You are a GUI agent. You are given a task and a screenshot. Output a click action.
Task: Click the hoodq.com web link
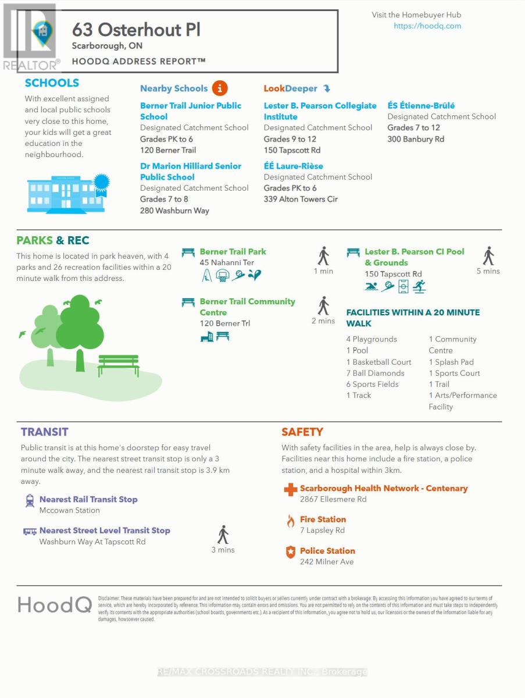[427, 26]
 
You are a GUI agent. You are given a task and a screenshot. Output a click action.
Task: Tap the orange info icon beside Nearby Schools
[220, 88]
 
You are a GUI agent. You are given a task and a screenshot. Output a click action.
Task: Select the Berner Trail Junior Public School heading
[190, 111]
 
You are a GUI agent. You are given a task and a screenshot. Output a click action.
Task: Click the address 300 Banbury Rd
[416, 139]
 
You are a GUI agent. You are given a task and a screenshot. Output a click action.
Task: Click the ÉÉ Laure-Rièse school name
[294, 166]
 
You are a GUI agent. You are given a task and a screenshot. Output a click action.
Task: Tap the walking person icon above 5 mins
[488, 256]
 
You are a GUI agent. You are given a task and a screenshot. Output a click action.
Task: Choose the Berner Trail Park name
[233, 252]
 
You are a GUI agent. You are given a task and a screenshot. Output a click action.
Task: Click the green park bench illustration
[118, 365]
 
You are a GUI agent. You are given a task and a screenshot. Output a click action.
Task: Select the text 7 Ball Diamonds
[375, 373]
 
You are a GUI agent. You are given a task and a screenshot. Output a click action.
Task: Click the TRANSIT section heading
[44, 432]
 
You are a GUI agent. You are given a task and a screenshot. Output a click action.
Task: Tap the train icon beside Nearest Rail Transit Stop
[30, 500]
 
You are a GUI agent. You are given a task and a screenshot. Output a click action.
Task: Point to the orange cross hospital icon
[290, 490]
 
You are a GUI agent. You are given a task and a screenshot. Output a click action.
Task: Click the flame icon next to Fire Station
[290, 521]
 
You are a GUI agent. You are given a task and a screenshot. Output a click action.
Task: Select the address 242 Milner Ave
[326, 562]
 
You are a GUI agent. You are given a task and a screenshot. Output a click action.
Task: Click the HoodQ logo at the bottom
[55, 604]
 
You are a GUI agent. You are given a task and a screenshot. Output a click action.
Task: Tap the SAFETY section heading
[302, 432]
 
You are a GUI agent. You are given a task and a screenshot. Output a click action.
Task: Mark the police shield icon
[290, 552]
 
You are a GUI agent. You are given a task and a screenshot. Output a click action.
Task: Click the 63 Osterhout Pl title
[136, 30]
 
